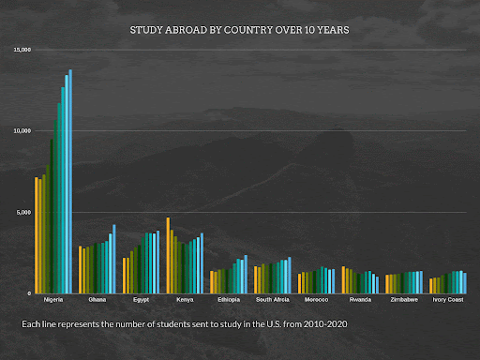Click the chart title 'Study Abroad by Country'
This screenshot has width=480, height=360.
(x=239, y=30)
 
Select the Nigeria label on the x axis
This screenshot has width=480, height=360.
(x=53, y=300)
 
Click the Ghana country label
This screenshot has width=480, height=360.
(x=97, y=300)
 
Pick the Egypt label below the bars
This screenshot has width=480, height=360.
(x=141, y=300)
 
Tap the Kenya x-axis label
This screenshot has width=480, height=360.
(x=185, y=300)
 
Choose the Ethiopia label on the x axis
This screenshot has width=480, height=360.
(x=229, y=300)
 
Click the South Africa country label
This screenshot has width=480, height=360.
(x=272, y=300)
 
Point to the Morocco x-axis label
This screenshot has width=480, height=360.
(x=316, y=300)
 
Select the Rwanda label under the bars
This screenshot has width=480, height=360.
(x=360, y=300)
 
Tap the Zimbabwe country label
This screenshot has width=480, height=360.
(x=404, y=300)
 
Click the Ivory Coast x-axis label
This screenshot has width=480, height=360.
(x=448, y=300)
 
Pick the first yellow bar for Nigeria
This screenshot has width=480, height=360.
(x=37, y=235)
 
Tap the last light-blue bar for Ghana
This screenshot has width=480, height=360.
(x=114, y=259)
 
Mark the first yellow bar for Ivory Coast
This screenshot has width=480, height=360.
(x=430, y=286)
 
